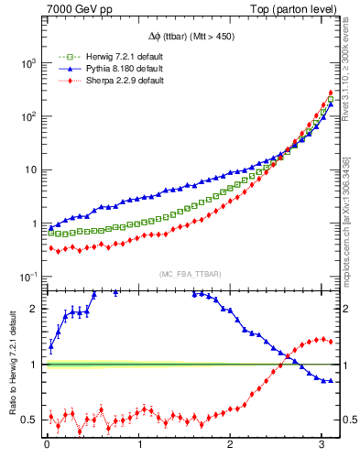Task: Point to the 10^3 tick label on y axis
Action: click(x=28, y=63)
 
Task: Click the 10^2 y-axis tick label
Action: click(x=28, y=116)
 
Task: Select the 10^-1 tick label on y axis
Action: click(x=28, y=277)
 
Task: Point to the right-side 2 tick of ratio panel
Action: click(x=349, y=309)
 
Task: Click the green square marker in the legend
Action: click(x=65, y=56)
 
